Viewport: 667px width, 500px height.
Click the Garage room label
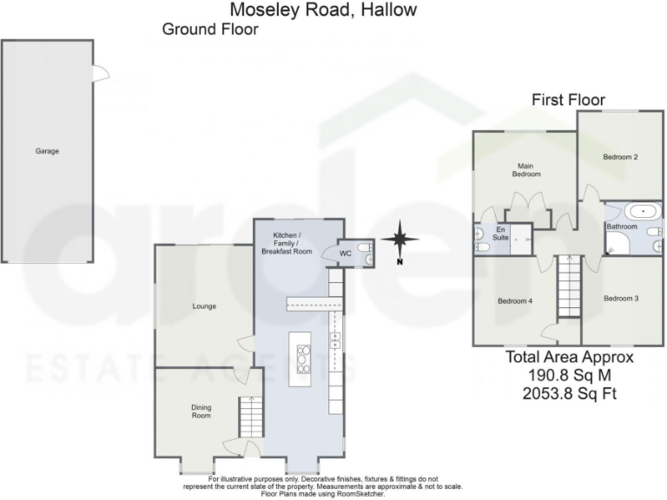(x=47, y=151)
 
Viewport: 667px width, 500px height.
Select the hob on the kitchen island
(x=302, y=358)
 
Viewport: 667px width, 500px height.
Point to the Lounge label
(x=204, y=306)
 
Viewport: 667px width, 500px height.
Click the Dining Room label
(x=201, y=411)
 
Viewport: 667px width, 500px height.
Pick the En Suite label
(x=500, y=234)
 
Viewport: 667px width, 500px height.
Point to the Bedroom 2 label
(x=621, y=157)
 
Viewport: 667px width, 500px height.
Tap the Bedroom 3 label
(x=621, y=299)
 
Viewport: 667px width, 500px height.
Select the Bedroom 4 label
(x=514, y=301)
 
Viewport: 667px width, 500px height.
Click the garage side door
(x=102, y=74)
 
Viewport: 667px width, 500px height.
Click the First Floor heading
(x=568, y=100)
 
